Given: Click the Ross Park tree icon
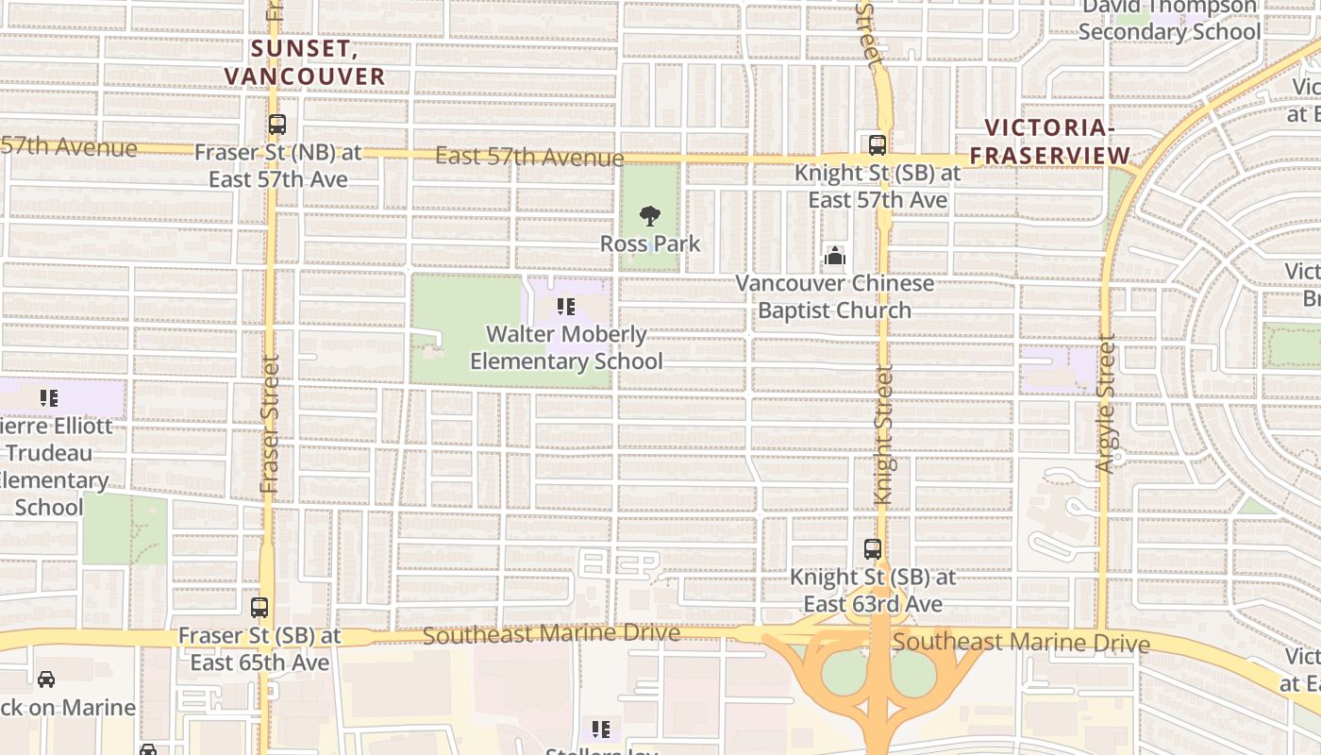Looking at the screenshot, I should [649, 216].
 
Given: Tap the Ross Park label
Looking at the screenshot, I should [650, 243].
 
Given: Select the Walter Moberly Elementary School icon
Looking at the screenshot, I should [565, 307].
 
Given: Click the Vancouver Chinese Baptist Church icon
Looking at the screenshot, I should [835, 256].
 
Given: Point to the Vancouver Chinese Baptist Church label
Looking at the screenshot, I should [835, 296].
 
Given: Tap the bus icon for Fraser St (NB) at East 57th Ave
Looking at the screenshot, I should [276, 125].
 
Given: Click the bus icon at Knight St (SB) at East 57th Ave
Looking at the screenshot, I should [877, 145].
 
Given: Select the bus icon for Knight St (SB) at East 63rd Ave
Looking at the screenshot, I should [873, 549].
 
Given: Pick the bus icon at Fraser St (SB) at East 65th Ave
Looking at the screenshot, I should [259, 609].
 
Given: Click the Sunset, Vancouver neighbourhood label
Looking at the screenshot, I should [305, 61].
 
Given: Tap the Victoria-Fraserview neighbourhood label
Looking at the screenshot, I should [1050, 142].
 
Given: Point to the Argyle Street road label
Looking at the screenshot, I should [1106, 403].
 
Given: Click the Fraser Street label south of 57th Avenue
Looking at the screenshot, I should [270, 424].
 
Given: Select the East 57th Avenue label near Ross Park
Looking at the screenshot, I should [529, 157].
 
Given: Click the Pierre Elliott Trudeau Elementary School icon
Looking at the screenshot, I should [49, 398].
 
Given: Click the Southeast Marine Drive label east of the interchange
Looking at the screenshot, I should [1021, 643].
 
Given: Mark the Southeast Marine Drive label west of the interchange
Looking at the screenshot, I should [551, 634].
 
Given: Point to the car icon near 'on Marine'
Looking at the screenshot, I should [46, 679].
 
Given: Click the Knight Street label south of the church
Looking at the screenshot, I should [883, 435].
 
